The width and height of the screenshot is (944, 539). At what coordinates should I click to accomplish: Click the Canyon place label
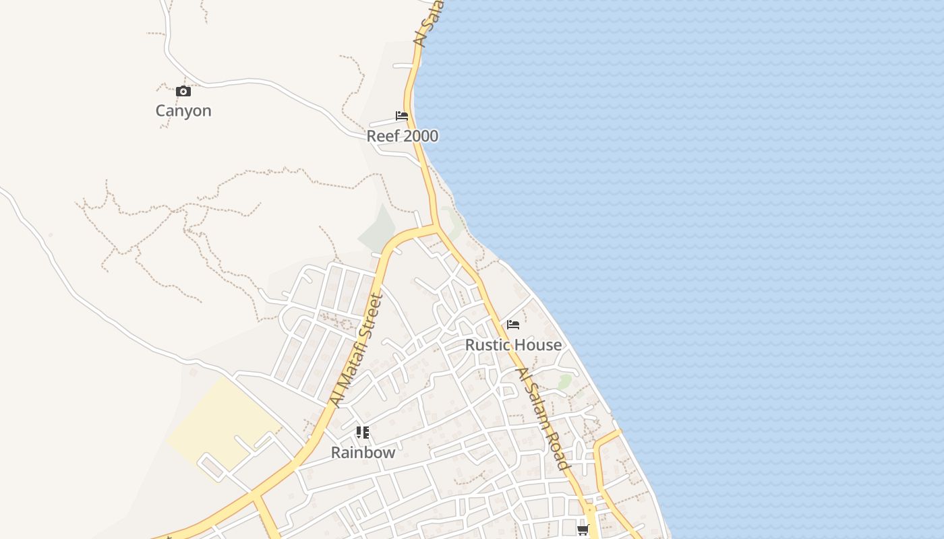[x=183, y=110]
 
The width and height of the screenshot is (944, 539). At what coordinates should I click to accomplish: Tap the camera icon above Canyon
[x=183, y=91]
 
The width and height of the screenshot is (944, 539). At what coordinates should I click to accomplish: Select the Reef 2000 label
[x=402, y=136]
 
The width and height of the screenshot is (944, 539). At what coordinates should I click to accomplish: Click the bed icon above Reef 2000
[x=402, y=116]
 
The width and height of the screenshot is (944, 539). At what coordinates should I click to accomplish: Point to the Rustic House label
[x=513, y=345]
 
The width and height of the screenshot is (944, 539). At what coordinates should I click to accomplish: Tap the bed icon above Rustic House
[x=513, y=325]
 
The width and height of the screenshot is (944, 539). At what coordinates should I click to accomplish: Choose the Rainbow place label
[x=363, y=452]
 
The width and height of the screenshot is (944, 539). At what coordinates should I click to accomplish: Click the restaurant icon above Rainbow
[x=363, y=433]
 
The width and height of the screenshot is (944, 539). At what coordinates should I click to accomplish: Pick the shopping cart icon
[x=583, y=530]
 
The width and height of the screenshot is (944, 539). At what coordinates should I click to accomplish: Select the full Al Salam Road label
[x=544, y=419]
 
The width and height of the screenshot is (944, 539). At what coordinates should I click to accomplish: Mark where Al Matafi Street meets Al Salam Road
[x=436, y=228]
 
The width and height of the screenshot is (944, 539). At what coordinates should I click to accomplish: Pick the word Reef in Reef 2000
[x=381, y=136]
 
